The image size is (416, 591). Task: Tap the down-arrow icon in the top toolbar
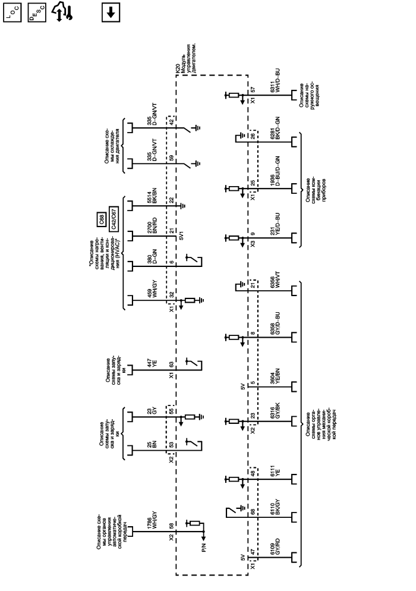tap(111, 12)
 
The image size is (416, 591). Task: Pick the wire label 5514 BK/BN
tap(151, 196)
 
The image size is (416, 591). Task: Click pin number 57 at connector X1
tap(253, 90)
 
